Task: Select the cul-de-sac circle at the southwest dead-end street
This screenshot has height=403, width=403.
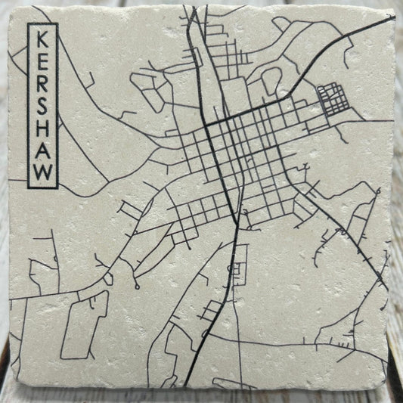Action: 136,287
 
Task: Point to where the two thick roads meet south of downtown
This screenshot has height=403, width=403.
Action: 239,223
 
